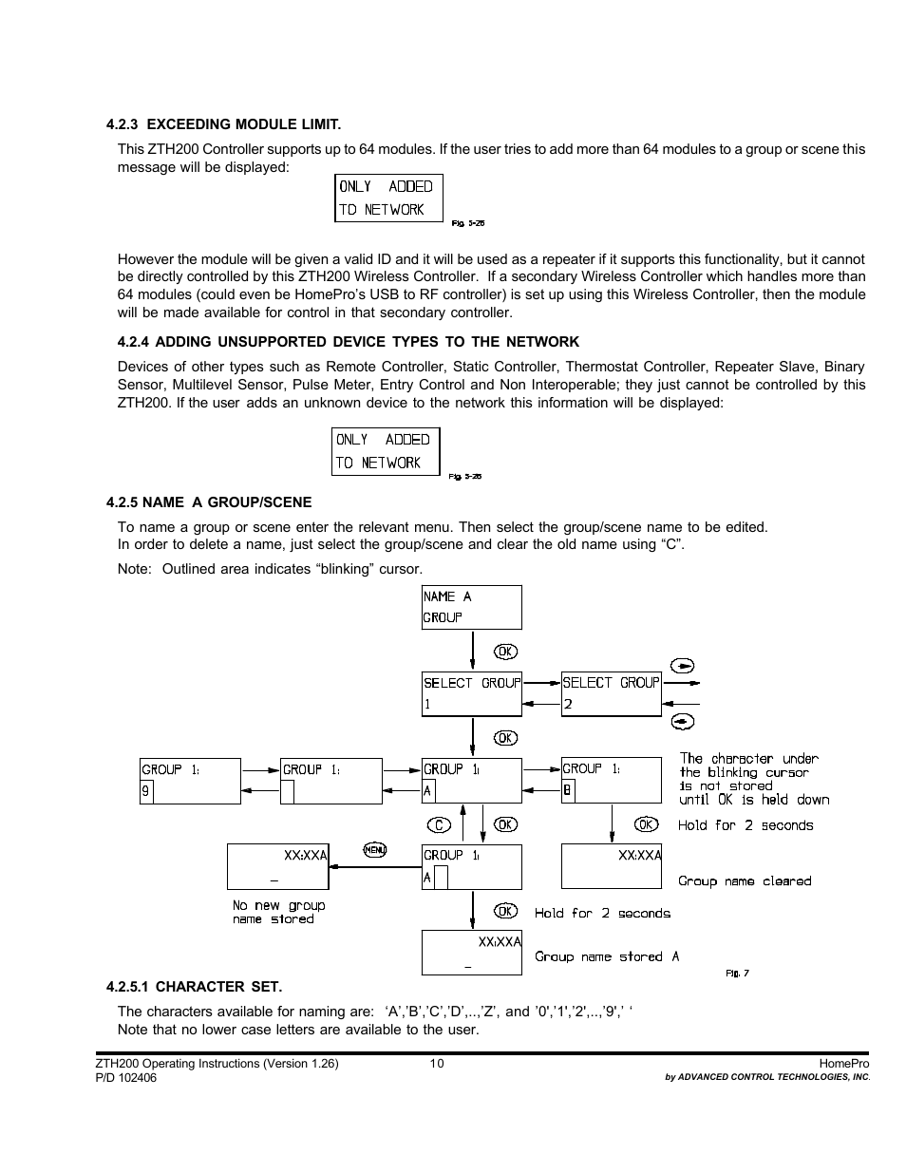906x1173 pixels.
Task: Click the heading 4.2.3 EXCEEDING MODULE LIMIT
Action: [223, 124]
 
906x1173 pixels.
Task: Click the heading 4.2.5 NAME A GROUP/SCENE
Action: [209, 502]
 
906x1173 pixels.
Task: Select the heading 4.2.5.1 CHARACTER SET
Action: [194, 986]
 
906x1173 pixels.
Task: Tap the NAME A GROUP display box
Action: [471, 607]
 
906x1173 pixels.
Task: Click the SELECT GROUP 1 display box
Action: [471, 693]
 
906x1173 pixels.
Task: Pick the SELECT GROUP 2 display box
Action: [611, 693]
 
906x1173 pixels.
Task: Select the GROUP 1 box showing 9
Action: [190, 781]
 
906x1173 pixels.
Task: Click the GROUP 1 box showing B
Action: [611, 780]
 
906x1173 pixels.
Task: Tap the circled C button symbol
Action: [437, 824]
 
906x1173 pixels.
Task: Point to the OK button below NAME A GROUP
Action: [506, 652]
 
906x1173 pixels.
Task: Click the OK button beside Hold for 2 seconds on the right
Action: [647, 824]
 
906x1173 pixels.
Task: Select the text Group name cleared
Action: [745, 881]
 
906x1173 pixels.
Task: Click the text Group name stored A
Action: [607, 956]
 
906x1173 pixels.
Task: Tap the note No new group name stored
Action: [278, 913]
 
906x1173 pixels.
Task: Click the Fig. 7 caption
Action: [737, 973]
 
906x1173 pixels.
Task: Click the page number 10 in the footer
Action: [436, 1063]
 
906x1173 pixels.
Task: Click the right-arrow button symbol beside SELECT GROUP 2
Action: [682, 665]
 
